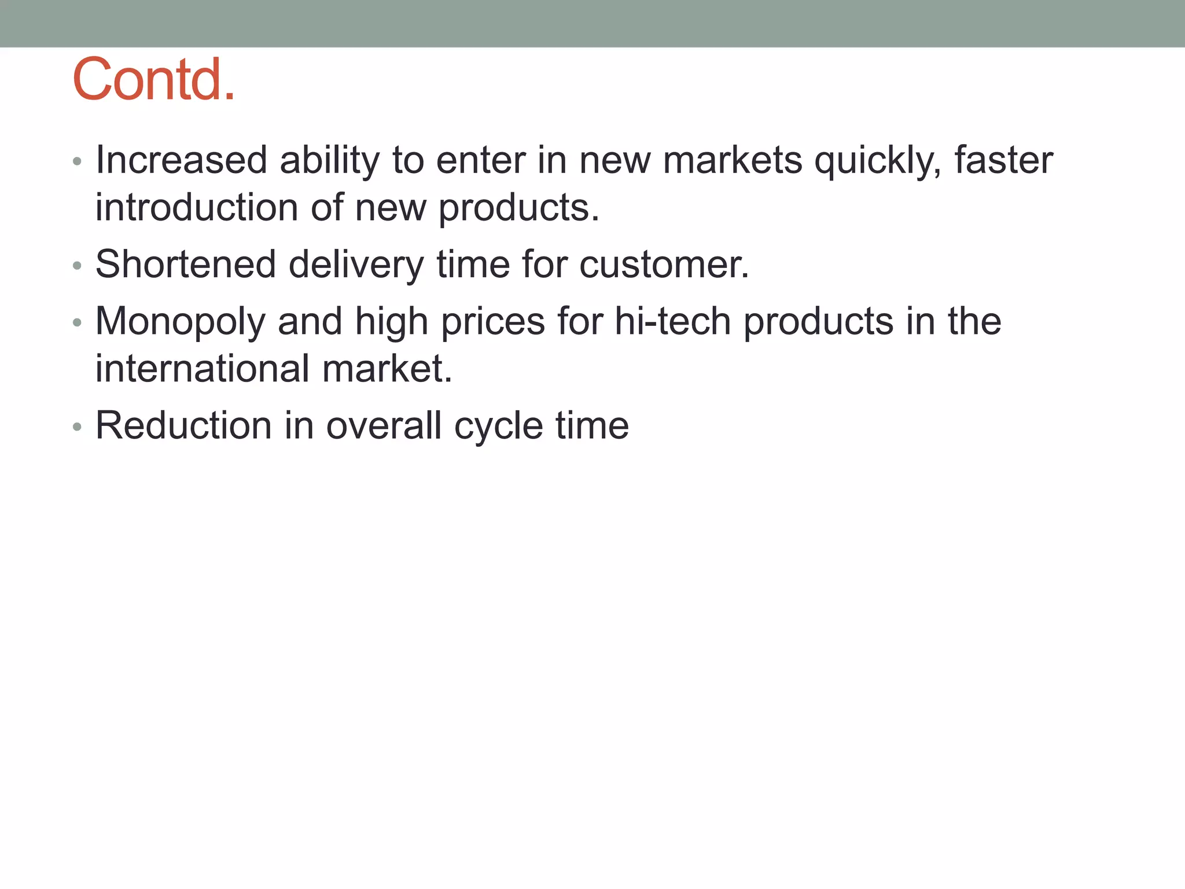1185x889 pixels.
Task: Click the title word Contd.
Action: click(x=154, y=79)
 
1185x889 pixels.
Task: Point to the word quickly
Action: click(x=878, y=161)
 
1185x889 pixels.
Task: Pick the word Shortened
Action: click(x=186, y=264)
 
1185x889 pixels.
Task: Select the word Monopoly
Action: click(x=180, y=322)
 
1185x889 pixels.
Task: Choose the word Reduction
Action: click(x=183, y=425)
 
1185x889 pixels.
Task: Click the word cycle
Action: click(x=498, y=427)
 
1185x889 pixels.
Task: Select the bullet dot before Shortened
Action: click(x=78, y=266)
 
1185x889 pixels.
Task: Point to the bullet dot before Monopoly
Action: click(x=78, y=323)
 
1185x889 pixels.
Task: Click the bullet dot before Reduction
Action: click(x=78, y=427)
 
